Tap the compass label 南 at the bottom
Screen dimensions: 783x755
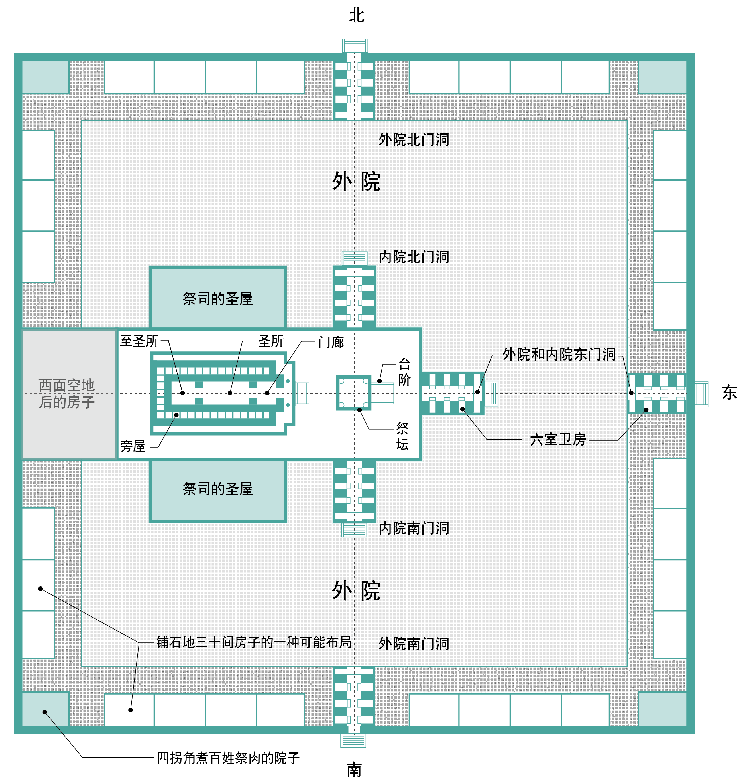click(x=354, y=769)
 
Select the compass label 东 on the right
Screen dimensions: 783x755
click(x=729, y=392)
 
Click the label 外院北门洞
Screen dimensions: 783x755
click(x=414, y=140)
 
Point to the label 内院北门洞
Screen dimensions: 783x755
click(x=414, y=257)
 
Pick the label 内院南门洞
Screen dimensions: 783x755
click(x=414, y=528)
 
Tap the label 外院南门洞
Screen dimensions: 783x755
click(x=414, y=643)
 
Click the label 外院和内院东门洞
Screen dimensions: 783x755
click(x=559, y=354)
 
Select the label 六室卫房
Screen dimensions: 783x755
click(x=558, y=440)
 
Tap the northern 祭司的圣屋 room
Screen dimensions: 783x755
click(x=217, y=298)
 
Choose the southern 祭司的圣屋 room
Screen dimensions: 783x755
click(x=217, y=489)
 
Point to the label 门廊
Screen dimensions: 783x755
click(x=331, y=342)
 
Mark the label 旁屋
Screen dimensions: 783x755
click(x=133, y=446)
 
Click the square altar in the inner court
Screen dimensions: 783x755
click(x=353, y=393)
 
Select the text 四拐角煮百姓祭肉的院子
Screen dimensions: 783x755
click(x=227, y=758)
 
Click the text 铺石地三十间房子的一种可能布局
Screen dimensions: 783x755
click(x=254, y=642)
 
